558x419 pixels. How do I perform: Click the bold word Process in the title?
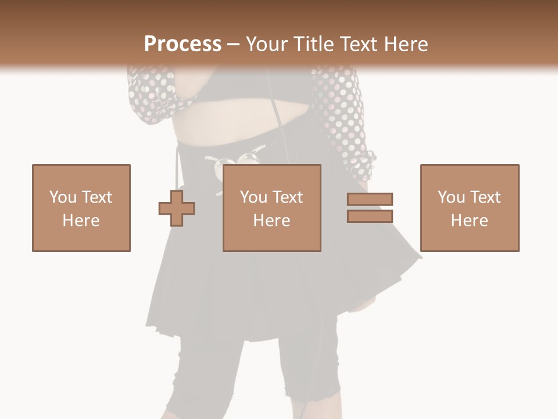183,44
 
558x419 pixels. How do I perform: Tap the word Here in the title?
405,44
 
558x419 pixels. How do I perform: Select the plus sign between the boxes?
177,208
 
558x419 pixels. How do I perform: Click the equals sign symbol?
370,208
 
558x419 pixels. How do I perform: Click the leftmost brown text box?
81,208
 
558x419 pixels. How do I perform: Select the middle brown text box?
272,208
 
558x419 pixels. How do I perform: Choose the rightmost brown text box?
470,208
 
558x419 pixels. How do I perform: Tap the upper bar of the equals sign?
370,200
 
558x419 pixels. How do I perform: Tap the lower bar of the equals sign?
370,216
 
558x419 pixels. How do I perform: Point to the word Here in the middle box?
272,221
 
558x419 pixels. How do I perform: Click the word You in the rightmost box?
451,197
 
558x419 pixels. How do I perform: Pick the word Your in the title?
267,44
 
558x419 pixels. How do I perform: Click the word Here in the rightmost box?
470,221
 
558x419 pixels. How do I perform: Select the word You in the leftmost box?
63,197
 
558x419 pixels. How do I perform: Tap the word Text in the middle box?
287,197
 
